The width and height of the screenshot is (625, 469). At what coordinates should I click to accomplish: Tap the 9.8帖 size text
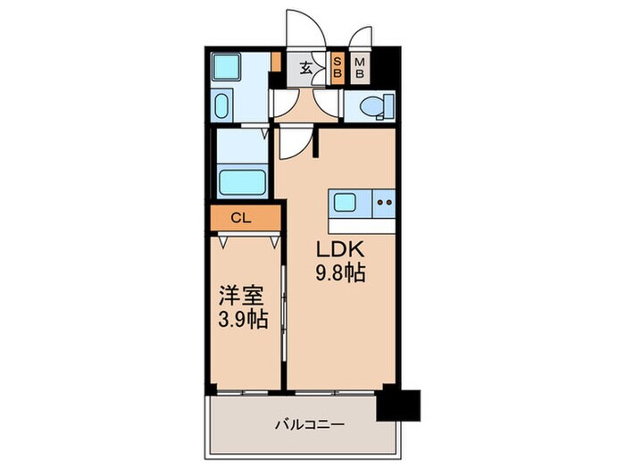340,274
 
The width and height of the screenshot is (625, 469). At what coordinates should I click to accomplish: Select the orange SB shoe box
337,68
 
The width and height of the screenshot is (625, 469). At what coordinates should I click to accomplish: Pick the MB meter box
359,68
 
